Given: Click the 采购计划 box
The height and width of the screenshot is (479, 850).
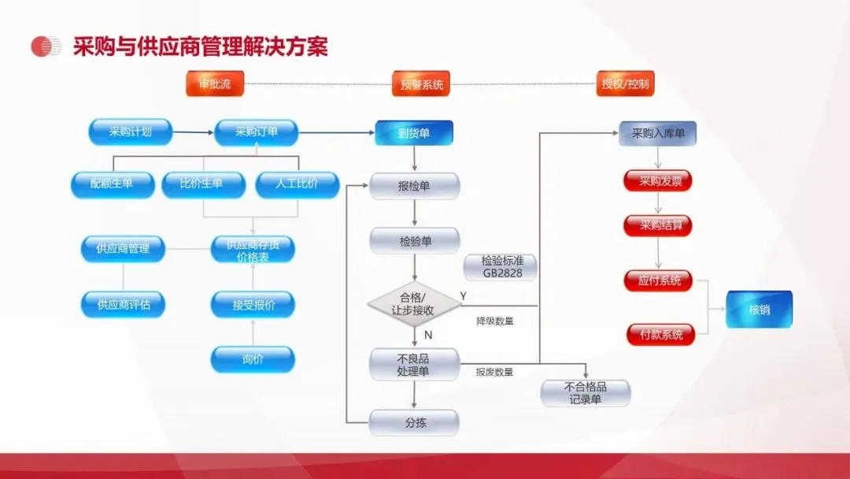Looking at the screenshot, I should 131,132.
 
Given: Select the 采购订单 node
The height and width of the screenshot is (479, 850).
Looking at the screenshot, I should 257,132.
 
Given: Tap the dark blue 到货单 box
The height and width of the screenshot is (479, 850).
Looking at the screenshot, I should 414,133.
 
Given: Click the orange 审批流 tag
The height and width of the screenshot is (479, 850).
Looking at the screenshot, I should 215,84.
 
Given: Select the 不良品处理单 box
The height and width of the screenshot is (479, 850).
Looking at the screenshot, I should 414,365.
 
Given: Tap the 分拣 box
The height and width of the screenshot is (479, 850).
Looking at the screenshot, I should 414,422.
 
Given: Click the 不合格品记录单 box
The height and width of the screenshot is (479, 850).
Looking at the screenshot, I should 586,393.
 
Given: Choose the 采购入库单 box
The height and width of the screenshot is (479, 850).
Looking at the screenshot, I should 658,134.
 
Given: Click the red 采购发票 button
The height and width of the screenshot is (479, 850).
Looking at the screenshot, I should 658,181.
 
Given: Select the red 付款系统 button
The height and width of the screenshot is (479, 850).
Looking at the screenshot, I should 659,334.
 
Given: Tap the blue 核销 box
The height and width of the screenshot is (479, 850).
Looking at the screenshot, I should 759,310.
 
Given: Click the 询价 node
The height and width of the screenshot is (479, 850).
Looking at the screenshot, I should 253,359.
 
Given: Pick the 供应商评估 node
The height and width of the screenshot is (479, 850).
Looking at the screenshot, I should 124,304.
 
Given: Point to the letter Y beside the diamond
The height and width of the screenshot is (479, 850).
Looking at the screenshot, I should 464,295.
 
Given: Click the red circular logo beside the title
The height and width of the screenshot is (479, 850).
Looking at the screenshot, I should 46,46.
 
